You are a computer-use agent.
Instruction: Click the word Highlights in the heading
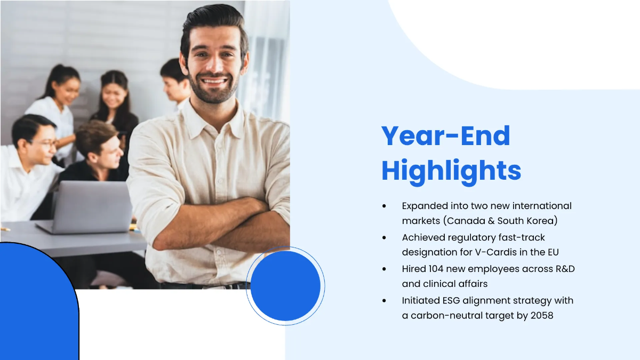(x=451, y=171)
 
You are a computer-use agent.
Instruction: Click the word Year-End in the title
(x=445, y=136)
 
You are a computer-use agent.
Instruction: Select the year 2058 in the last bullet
(x=542, y=315)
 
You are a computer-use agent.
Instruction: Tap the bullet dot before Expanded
(x=384, y=206)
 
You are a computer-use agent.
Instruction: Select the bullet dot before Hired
(x=384, y=269)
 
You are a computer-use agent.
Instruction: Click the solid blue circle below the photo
(x=285, y=286)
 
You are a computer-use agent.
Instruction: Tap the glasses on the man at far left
(x=45, y=143)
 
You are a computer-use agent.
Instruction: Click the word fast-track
(x=525, y=237)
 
